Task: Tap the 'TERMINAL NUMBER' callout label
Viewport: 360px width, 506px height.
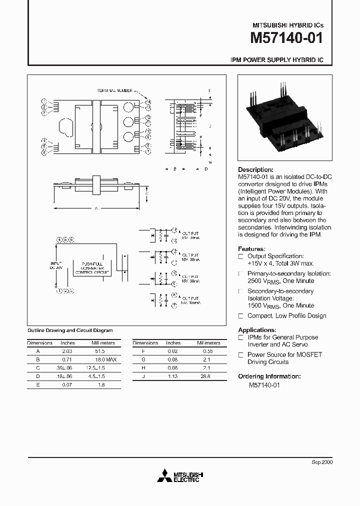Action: [115, 90]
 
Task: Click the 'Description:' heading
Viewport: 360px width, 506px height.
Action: [255, 170]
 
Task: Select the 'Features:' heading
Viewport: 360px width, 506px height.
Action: [251, 248]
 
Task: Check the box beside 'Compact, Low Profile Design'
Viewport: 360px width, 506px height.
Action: [241, 316]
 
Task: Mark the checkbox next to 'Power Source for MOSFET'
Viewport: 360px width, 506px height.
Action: [241, 355]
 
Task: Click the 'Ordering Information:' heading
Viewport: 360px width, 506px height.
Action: [269, 376]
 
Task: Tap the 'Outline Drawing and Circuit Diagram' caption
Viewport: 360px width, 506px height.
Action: [69, 330]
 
